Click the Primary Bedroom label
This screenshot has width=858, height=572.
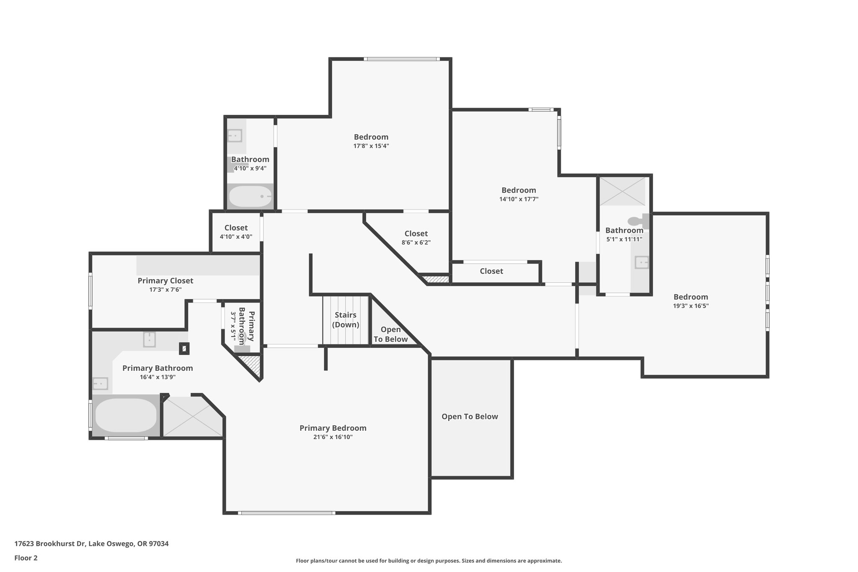click(x=333, y=428)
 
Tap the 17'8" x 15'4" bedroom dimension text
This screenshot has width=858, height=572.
click(x=371, y=146)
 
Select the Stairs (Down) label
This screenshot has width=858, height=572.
click(x=346, y=320)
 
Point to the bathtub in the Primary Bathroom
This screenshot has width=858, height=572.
click(x=126, y=416)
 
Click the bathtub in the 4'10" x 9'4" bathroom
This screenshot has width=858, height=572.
click(x=251, y=196)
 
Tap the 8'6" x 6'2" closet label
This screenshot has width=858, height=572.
click(x=416, y=234)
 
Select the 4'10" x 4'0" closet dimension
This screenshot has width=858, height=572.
click(x=236, y=237)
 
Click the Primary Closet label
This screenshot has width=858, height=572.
click(x=165, y=281)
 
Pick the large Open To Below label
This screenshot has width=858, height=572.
click(x=470, y=417)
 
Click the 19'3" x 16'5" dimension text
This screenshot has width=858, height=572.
click(x=690, y=306)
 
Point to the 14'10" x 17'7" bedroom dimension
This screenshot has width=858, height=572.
click(x=519, y=199)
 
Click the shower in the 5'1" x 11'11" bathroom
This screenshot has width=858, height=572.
click(x=623, y=191)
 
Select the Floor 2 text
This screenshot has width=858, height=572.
click(x=26, y=558)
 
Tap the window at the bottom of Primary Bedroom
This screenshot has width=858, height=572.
click(x=287, y=513)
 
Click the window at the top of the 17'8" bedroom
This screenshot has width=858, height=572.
click(x=401, y=59)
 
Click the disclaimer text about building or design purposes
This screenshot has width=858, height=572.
click(x=429, y=561)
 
